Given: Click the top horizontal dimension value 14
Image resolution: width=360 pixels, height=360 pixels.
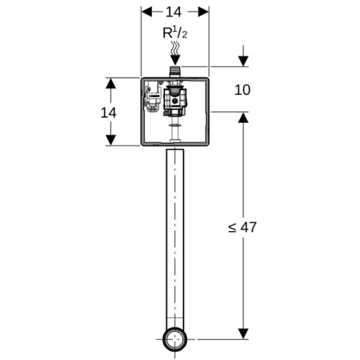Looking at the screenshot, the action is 174,12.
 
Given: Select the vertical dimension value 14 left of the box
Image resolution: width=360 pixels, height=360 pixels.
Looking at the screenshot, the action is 109,112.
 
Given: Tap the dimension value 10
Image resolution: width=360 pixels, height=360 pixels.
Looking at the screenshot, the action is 243,90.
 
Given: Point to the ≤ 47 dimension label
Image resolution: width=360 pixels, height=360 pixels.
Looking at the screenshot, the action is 243,227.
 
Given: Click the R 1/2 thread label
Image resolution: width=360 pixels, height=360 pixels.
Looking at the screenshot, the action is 175,33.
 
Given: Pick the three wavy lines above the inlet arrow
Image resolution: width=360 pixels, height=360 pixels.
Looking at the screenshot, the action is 175,48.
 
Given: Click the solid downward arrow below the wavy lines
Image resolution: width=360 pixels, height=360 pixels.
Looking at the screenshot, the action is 175,60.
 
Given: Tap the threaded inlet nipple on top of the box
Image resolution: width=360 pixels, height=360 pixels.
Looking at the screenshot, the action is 175,71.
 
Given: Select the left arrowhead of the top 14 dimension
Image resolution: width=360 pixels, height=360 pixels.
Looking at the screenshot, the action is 147,12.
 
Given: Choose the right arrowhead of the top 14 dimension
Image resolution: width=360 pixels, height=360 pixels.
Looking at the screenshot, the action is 203,12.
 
